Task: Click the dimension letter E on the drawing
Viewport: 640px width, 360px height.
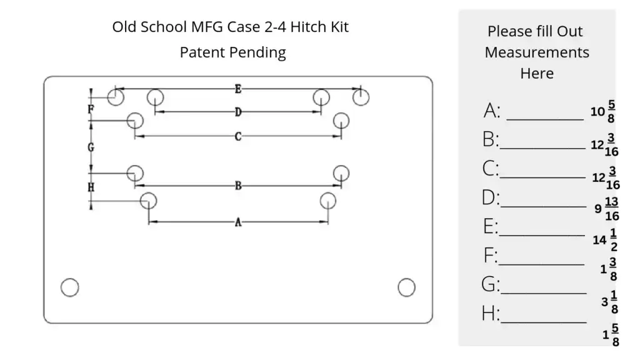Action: coord(238,89)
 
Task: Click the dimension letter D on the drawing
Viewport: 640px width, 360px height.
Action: coord(238,112)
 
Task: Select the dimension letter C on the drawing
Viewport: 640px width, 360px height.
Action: coord(238,136)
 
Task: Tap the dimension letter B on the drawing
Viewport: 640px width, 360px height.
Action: coord(238,186)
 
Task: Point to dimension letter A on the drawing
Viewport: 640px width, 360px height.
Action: coord(238,222)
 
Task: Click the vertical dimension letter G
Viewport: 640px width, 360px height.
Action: coord(91,147)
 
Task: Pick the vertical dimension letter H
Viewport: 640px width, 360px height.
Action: coord(91,187)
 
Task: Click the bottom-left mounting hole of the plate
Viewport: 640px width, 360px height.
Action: coord(69,287)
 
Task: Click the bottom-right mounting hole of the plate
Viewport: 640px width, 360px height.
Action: coord(406,287)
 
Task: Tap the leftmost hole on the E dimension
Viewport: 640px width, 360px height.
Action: coord(115,97)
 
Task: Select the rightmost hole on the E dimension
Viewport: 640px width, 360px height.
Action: coord(361,97)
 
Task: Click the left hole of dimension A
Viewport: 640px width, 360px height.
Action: coord(148,201)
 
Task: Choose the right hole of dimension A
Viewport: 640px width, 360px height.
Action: coord(328,201)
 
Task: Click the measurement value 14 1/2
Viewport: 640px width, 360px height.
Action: coord(606,239)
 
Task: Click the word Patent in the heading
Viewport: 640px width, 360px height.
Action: coord(202,52)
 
